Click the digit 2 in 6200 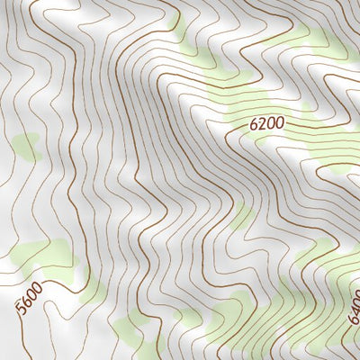[x=262, y=121]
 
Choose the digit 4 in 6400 [x=354, y=311]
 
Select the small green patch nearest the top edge [x=180, y=27]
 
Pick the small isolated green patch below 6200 [x=241, y=216]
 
